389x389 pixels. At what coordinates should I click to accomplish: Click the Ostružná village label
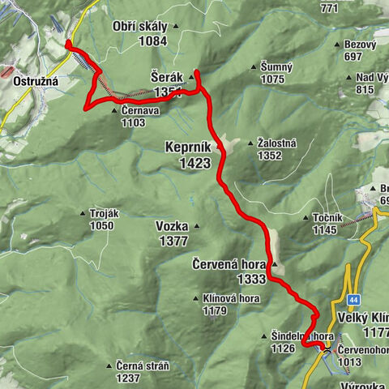[32, 82]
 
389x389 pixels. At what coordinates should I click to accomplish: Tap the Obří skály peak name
[140, 27]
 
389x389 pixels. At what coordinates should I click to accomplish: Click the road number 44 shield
[353, 300]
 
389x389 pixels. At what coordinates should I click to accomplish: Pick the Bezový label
[359, 45]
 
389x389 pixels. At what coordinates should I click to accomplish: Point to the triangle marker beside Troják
[83, 213]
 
